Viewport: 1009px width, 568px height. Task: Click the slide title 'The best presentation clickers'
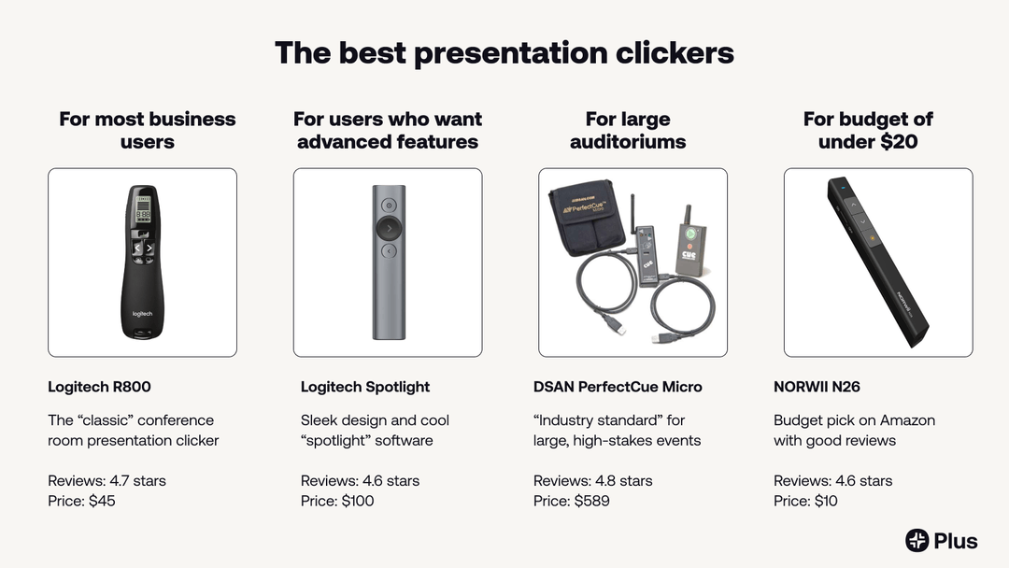coord(504,52)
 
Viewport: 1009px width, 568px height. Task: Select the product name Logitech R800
coord(99,387)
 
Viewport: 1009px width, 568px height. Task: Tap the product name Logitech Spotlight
coord(365,387)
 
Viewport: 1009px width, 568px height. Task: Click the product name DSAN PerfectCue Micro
coord(618,387)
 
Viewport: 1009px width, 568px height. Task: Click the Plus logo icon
coord(917,540)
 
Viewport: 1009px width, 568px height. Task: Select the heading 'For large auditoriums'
coord(628,131)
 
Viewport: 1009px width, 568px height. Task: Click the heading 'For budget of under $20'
coord(868,131)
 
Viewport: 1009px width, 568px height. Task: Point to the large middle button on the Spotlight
coord(388,227)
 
